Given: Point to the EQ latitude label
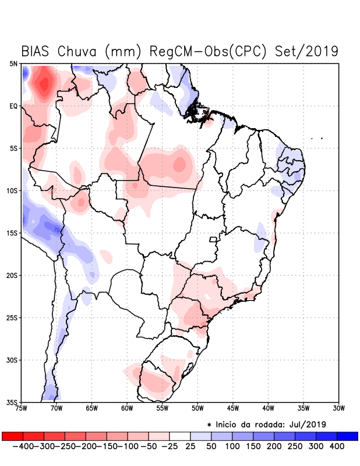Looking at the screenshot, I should point(13,106).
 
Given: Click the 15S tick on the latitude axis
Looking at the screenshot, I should point(12,233).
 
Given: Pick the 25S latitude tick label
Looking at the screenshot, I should point(12,317).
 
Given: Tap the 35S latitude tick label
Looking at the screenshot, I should point(12,402).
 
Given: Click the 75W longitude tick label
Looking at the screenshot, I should point(20,408).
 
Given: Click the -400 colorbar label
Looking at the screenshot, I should point(23,446).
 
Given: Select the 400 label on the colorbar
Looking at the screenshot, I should point(337,446).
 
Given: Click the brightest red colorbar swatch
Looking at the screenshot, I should point(12,436).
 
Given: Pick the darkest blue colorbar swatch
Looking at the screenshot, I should point(347,436).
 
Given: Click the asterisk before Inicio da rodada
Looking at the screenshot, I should point(209,424).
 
